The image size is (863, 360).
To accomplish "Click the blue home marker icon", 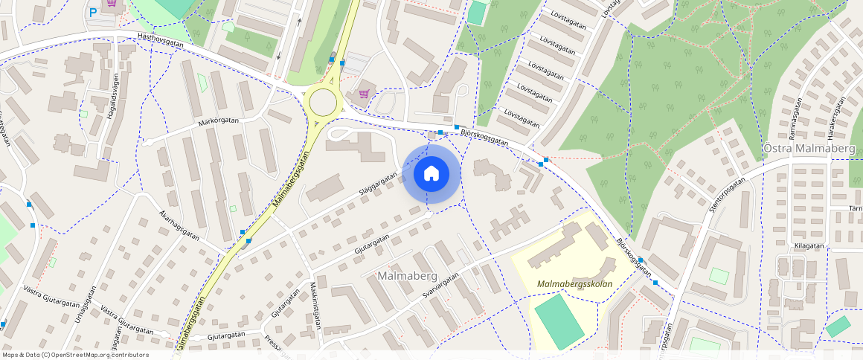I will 431,174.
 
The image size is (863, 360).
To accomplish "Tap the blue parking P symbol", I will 93,13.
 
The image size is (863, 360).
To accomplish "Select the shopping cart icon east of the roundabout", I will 364,94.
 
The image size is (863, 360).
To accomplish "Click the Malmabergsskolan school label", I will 574,284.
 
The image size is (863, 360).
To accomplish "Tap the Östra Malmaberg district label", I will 809,149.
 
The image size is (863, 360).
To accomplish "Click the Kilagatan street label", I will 809,245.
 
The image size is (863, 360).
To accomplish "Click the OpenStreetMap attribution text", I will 74,355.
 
